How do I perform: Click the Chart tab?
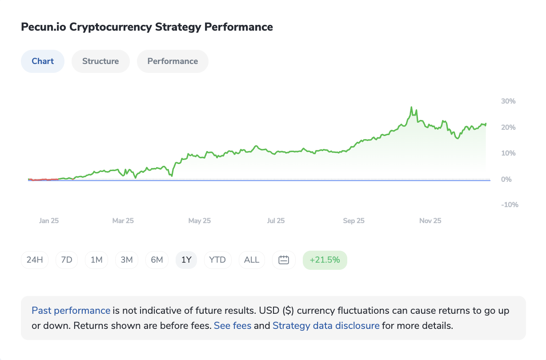click(43, 61)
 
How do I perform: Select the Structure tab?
click(100, 61)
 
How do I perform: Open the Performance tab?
click(173, 61)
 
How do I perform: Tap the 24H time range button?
click(35, 260)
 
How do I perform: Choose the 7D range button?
click(66, 260)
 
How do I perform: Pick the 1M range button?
click(96, 260)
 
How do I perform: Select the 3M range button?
click(127, 260)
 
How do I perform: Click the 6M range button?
click(157, 260)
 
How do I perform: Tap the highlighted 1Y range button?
click(187, 260)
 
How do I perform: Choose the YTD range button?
click(217, 260)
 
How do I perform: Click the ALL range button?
click(252, 260)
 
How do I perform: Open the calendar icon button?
click(284, 260)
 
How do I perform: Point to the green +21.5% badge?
click(325, 260)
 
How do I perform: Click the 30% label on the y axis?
click(508, 101)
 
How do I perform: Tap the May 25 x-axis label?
click(200, 221)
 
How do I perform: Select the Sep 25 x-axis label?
click(354, 221)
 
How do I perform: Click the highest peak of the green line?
click(411, 107)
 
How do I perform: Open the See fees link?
click(233, 326)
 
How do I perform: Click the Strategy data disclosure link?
click(326, 326)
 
